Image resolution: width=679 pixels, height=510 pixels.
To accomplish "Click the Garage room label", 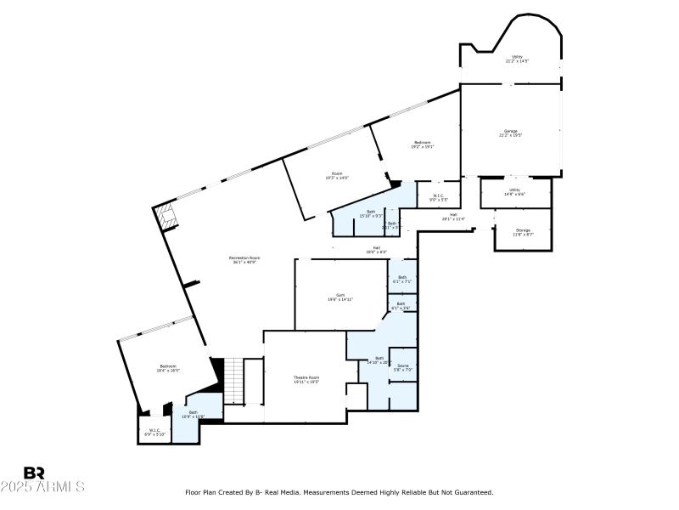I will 511,133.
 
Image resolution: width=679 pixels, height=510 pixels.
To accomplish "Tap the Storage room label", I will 523,231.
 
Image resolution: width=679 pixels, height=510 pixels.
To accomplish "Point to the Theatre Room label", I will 306,379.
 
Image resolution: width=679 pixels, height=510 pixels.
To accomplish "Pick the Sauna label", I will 403,367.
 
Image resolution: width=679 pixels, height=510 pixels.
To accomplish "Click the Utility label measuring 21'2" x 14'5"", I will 517,59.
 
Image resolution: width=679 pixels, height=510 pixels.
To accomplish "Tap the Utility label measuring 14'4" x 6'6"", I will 514,191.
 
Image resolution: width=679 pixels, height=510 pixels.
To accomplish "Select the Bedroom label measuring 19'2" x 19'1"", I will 422,144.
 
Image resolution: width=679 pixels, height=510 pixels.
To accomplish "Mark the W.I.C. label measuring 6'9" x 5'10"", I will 154,432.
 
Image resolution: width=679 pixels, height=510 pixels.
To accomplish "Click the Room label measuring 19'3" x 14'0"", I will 337,176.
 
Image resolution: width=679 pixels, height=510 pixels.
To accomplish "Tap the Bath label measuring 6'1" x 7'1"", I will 402,279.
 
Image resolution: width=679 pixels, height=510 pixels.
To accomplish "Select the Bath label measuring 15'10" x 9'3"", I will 371,213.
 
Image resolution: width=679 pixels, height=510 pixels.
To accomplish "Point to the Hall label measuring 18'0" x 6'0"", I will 376,250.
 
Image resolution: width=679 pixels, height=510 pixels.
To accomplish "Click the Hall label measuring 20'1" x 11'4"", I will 453,216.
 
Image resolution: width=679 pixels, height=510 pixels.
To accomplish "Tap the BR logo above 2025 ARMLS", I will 35,473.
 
